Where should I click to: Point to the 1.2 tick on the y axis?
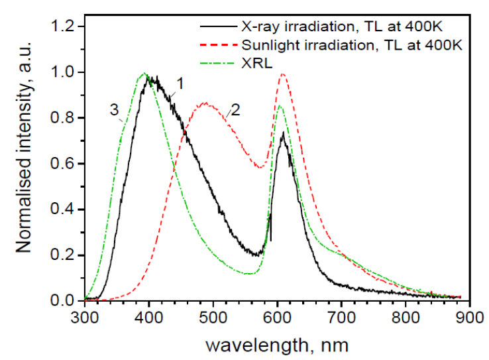pos(65,27)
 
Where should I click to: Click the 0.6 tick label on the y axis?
pos(65,164)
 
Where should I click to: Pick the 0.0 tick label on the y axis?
pos(65,301)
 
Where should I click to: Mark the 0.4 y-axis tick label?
pos(65,210)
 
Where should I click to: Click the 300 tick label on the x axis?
pos(84,318)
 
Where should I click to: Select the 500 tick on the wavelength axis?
pos(213,318)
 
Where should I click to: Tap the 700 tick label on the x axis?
pos(341,318)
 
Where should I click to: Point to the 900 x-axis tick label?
pos(469,318)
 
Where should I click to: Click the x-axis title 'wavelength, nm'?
pos(276,345)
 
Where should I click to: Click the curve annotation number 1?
pos(178,82)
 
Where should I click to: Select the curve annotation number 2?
pos(235,112)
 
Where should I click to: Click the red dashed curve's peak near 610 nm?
pos(283,74)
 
